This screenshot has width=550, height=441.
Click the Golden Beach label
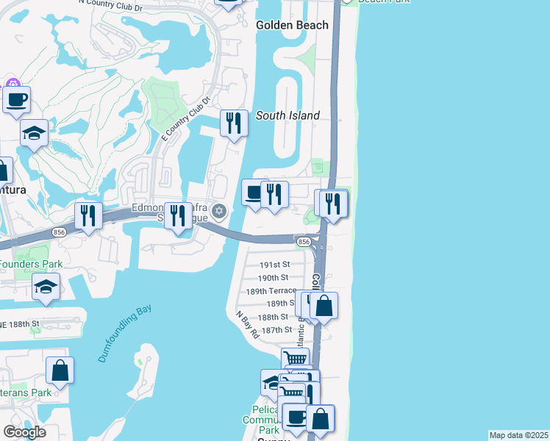coord(292,25)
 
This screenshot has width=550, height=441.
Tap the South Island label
coord(287,115)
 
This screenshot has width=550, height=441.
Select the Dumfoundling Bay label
coord(124,334)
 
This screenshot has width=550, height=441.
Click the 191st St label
coord(276,265)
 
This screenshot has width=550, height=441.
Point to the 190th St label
coord(274,278)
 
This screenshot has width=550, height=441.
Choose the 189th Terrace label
coord(271,290)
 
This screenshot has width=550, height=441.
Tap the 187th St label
coord(277,330)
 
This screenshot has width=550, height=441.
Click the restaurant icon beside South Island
coord(234,123)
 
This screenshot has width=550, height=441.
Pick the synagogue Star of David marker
coord(218,212)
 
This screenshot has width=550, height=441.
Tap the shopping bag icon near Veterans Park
coord(60,370)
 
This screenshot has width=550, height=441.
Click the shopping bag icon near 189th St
coord(324,305)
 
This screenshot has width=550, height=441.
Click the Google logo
coord(24,431)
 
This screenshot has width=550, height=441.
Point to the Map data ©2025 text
coord(519,435)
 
